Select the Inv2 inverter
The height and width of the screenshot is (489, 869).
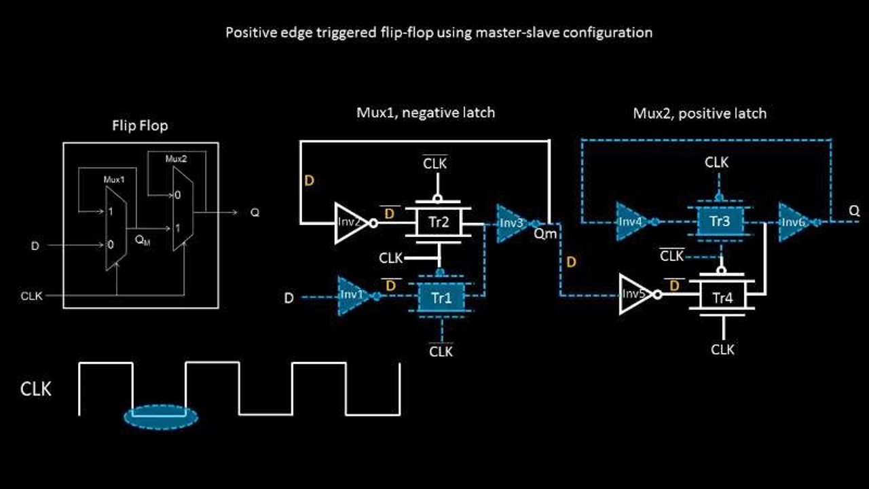coord(350,222)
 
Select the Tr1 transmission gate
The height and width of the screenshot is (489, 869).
coord(441,297)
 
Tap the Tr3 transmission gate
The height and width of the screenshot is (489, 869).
coord(720,221)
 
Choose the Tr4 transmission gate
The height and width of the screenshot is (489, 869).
coord(722,296)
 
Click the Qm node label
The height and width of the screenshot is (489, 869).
coord(545,234)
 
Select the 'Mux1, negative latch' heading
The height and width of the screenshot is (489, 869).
coord(426,113)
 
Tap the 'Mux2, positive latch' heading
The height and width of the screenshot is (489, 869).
coord(699,113)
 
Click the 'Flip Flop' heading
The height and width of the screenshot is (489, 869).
coord(140,126)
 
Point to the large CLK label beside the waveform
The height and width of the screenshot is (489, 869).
coord(36,389)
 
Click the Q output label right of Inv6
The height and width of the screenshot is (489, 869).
coord(854,211)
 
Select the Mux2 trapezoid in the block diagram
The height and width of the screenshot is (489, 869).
coord(183,209)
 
